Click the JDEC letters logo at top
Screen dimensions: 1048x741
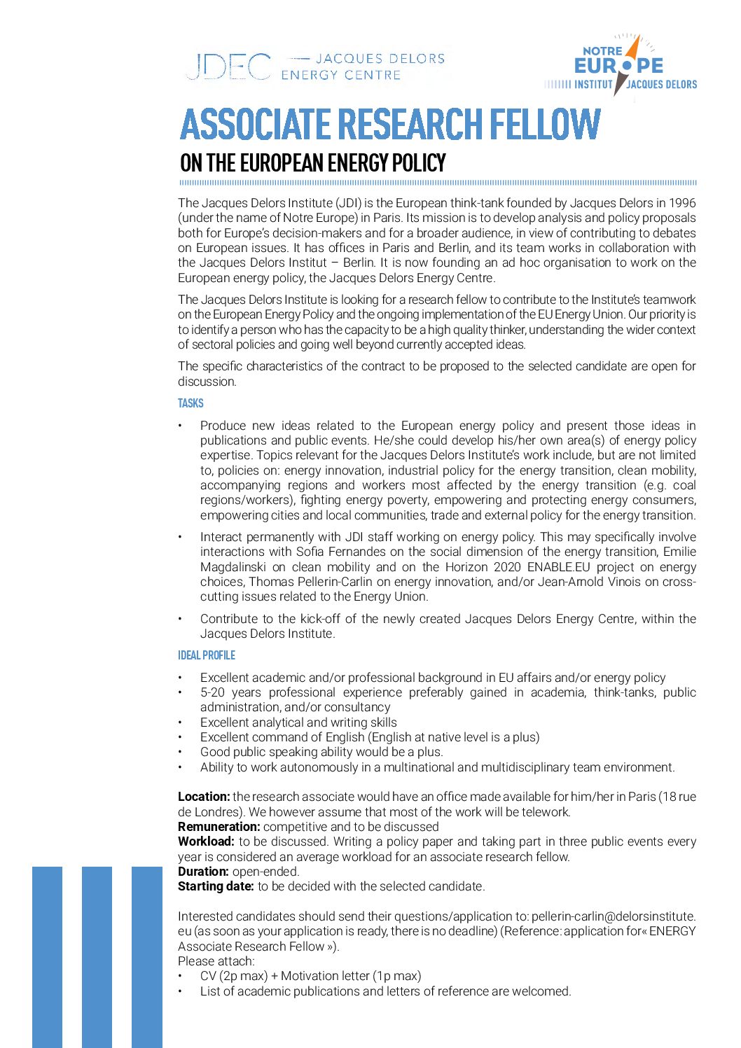[228, 67]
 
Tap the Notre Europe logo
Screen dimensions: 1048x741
[620, 67]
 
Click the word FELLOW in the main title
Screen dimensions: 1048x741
[544, 125]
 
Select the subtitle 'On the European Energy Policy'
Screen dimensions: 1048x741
[312, 163]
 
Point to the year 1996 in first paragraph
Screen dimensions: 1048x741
[681, 203]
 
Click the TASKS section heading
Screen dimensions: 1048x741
[191, 403]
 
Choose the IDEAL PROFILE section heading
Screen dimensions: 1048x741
[207, 655]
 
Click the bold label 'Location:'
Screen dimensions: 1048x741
[204, 797]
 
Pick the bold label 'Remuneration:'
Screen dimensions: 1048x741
[219, 827]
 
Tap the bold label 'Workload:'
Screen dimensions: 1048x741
[206, 841]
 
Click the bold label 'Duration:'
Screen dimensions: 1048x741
[203, 872]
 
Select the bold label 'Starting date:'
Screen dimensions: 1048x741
[216, 886]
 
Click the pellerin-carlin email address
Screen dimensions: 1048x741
[613, 916]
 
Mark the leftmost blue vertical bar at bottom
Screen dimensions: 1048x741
[47, 956]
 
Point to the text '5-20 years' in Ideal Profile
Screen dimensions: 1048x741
[230, 692]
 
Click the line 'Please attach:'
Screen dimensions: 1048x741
[216, 961]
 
